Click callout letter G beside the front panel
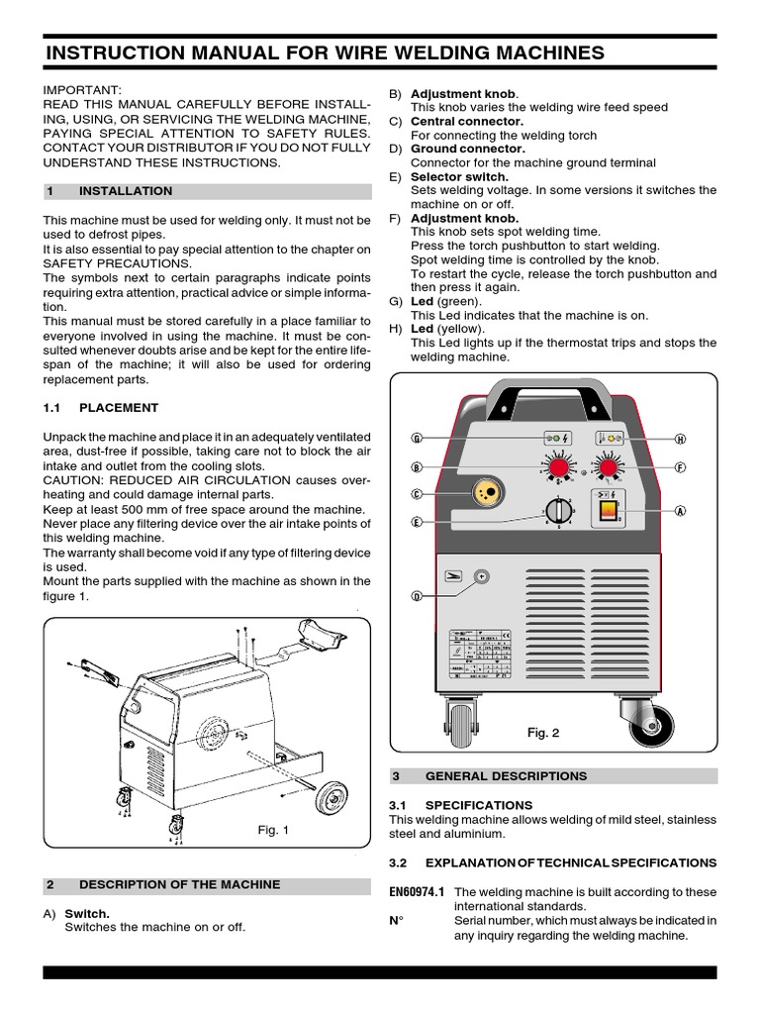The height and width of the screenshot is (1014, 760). point(417,438)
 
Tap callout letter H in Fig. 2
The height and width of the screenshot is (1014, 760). point(681,438)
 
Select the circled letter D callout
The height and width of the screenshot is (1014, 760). point(417,595)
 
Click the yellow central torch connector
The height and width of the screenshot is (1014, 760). point(486,493)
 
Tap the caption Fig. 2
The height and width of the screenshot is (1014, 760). point(543,734)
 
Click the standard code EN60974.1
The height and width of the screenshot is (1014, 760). point(418,891)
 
